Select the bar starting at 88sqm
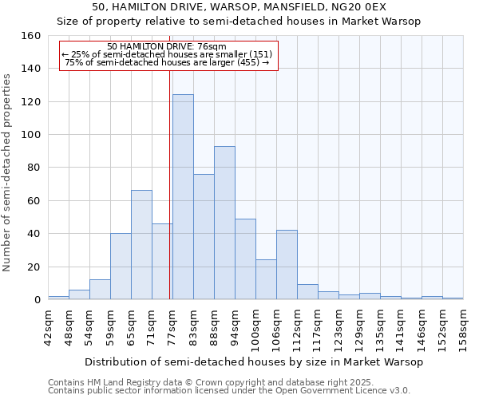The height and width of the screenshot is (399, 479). [224, 223]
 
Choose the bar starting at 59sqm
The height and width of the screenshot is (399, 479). [121, 267]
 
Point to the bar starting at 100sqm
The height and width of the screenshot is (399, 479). [266, 279]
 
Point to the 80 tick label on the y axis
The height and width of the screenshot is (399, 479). [34, 168]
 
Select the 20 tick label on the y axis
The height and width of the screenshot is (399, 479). [34, 267]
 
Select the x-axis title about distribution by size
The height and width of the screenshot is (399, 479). [252, 361]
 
